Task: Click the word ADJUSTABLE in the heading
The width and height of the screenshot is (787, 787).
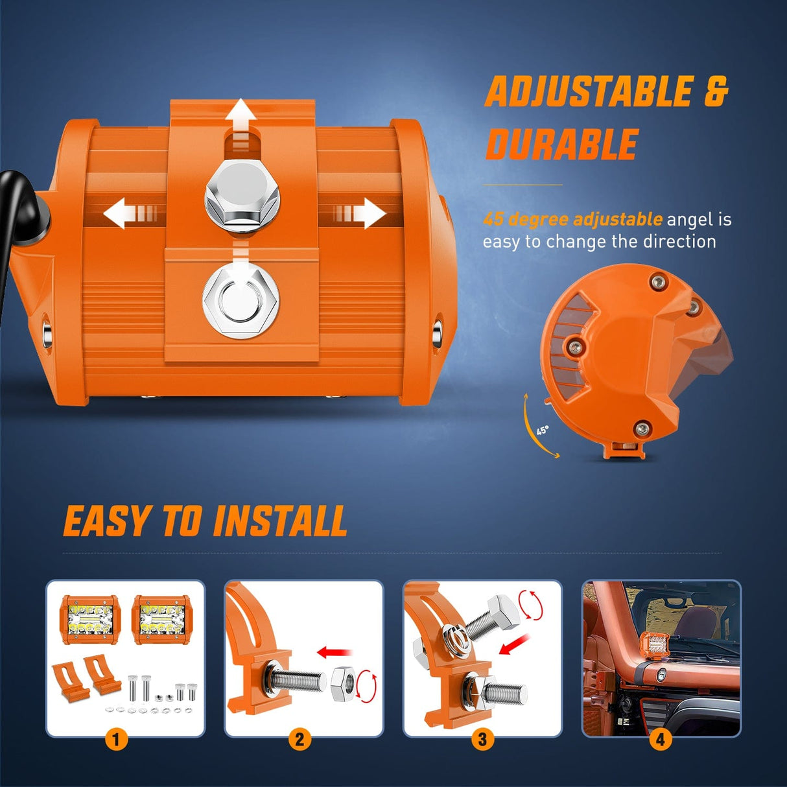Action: (x=589, y=92)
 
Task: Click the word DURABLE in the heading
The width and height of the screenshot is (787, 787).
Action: (x=562, y=144)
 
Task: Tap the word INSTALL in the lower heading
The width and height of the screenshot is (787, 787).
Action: (x=281, y=522)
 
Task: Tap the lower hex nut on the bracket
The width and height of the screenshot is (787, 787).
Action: (x=241, y=301)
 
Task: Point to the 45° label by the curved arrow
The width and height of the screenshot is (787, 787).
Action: (x=543, y=430)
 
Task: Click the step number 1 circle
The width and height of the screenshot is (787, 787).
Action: (x=116, y=739)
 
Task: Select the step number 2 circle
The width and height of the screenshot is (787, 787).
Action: (x=299, y=739)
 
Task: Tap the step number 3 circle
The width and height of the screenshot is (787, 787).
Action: (x=482, y=739)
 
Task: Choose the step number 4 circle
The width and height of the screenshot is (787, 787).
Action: (x=660, y=739)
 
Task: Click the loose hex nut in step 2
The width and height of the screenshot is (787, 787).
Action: (x=344, y=684)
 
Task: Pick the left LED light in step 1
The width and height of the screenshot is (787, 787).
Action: (x=91, y=620)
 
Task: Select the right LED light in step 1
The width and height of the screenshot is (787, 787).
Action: (x=161, y=620)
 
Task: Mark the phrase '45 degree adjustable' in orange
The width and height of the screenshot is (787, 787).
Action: (x=572, y=219)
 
